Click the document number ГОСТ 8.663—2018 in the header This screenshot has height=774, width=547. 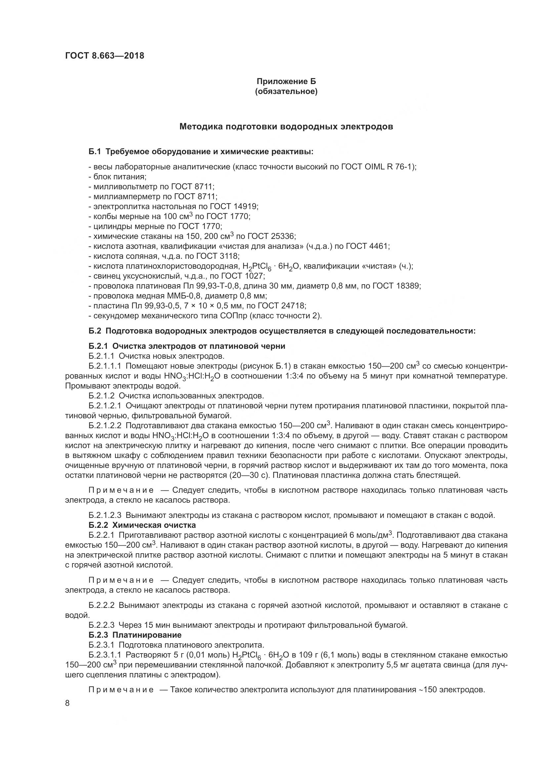click(105, 56)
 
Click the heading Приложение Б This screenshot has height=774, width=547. click(286, 81)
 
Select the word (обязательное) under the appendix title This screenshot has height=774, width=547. click(286, 91)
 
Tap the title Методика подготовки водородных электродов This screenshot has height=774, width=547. click(286, 127)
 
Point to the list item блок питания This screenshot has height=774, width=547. click(120, 177)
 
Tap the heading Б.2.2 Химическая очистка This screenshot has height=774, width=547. click(142, 525)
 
